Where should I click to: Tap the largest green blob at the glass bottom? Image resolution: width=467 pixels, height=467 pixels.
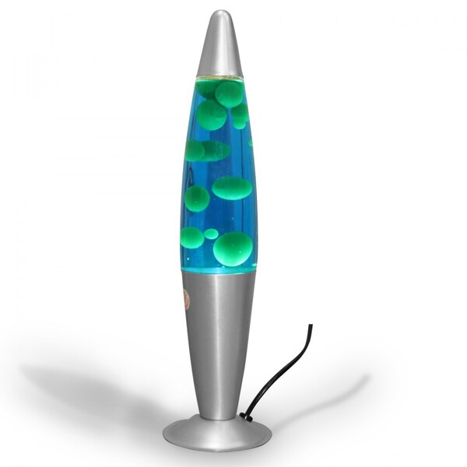point(233,248)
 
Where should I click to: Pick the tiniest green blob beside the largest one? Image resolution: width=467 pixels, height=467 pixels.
point(211,233)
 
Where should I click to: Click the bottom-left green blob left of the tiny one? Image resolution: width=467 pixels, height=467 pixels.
point(191,237)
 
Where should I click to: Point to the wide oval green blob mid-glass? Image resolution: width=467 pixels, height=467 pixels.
point(232,188)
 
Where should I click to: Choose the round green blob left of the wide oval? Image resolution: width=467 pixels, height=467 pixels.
point(196,198)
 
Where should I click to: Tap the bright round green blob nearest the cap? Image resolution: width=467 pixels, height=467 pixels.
point(230,93)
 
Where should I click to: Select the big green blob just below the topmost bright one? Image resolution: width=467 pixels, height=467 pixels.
point(211,115)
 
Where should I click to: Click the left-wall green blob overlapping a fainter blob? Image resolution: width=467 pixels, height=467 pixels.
point(195,150)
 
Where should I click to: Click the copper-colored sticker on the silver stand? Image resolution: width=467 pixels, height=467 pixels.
point(185,298)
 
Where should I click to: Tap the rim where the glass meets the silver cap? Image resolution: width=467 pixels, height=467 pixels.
point(220,77)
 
